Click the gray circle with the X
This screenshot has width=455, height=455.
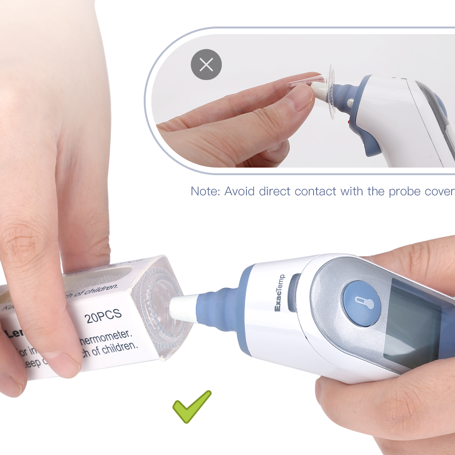206,64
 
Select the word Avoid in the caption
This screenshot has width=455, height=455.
239,191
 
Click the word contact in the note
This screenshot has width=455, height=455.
315,191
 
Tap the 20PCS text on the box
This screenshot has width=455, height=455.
104,316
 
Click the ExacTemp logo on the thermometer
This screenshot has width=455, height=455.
279,293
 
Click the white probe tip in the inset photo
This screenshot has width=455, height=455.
320,91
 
